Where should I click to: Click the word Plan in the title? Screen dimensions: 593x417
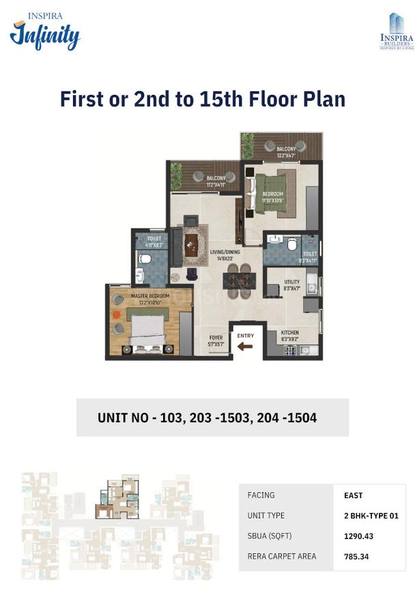[320, 100]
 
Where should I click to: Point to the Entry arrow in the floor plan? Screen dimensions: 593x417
[244, 346]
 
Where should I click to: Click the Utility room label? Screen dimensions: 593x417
[291, 285]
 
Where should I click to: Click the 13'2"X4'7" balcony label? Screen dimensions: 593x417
[286, 152]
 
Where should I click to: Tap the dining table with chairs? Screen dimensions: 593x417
[239, 277]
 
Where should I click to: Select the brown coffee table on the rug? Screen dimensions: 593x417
[191, 244]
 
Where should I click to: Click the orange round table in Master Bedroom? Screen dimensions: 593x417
[117, 313]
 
